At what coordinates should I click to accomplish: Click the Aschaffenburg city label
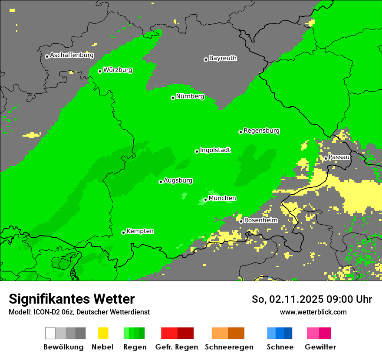pyautogui.click(x=72, y=56)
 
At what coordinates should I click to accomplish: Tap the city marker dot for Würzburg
pyautogui.click(x=100, y=71)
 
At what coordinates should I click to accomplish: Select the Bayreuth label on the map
pyautogui.click(x=223, y=58)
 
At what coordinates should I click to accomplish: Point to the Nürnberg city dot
pyautogui.click(x=173, y=98)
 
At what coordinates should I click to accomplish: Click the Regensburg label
pyautogui.click(x=261, y=131)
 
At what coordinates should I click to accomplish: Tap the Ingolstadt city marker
pyautogui.click(x=197, y=151)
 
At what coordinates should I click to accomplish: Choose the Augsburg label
pyautogui.click(x=178, y=180)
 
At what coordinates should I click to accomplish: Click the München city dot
pyautogui.click(x=205, y=200)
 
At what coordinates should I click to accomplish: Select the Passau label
pyautogui.click(x=339, y=157)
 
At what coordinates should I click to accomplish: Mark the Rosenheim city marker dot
pyautogui.click(x=241, y=221)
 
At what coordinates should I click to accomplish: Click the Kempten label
pyautogui.click(x=140, y=231)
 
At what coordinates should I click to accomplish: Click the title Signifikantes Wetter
pyautogui.click(x=72, y=299)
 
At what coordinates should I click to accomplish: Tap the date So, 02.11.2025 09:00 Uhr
pyautogui.click(x=312, y=299)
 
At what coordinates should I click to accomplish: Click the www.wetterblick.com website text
pyautogui.click(x=313, y=312)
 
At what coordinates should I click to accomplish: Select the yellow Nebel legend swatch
pyautogui.click(x=103, y=333)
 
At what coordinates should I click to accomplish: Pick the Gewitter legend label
pyautogui.click(x=320, y=347)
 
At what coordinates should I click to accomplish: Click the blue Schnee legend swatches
pyautogui.click(x=279, y=333)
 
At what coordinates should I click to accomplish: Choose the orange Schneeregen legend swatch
pyautogui.click(x=228, y=333)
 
